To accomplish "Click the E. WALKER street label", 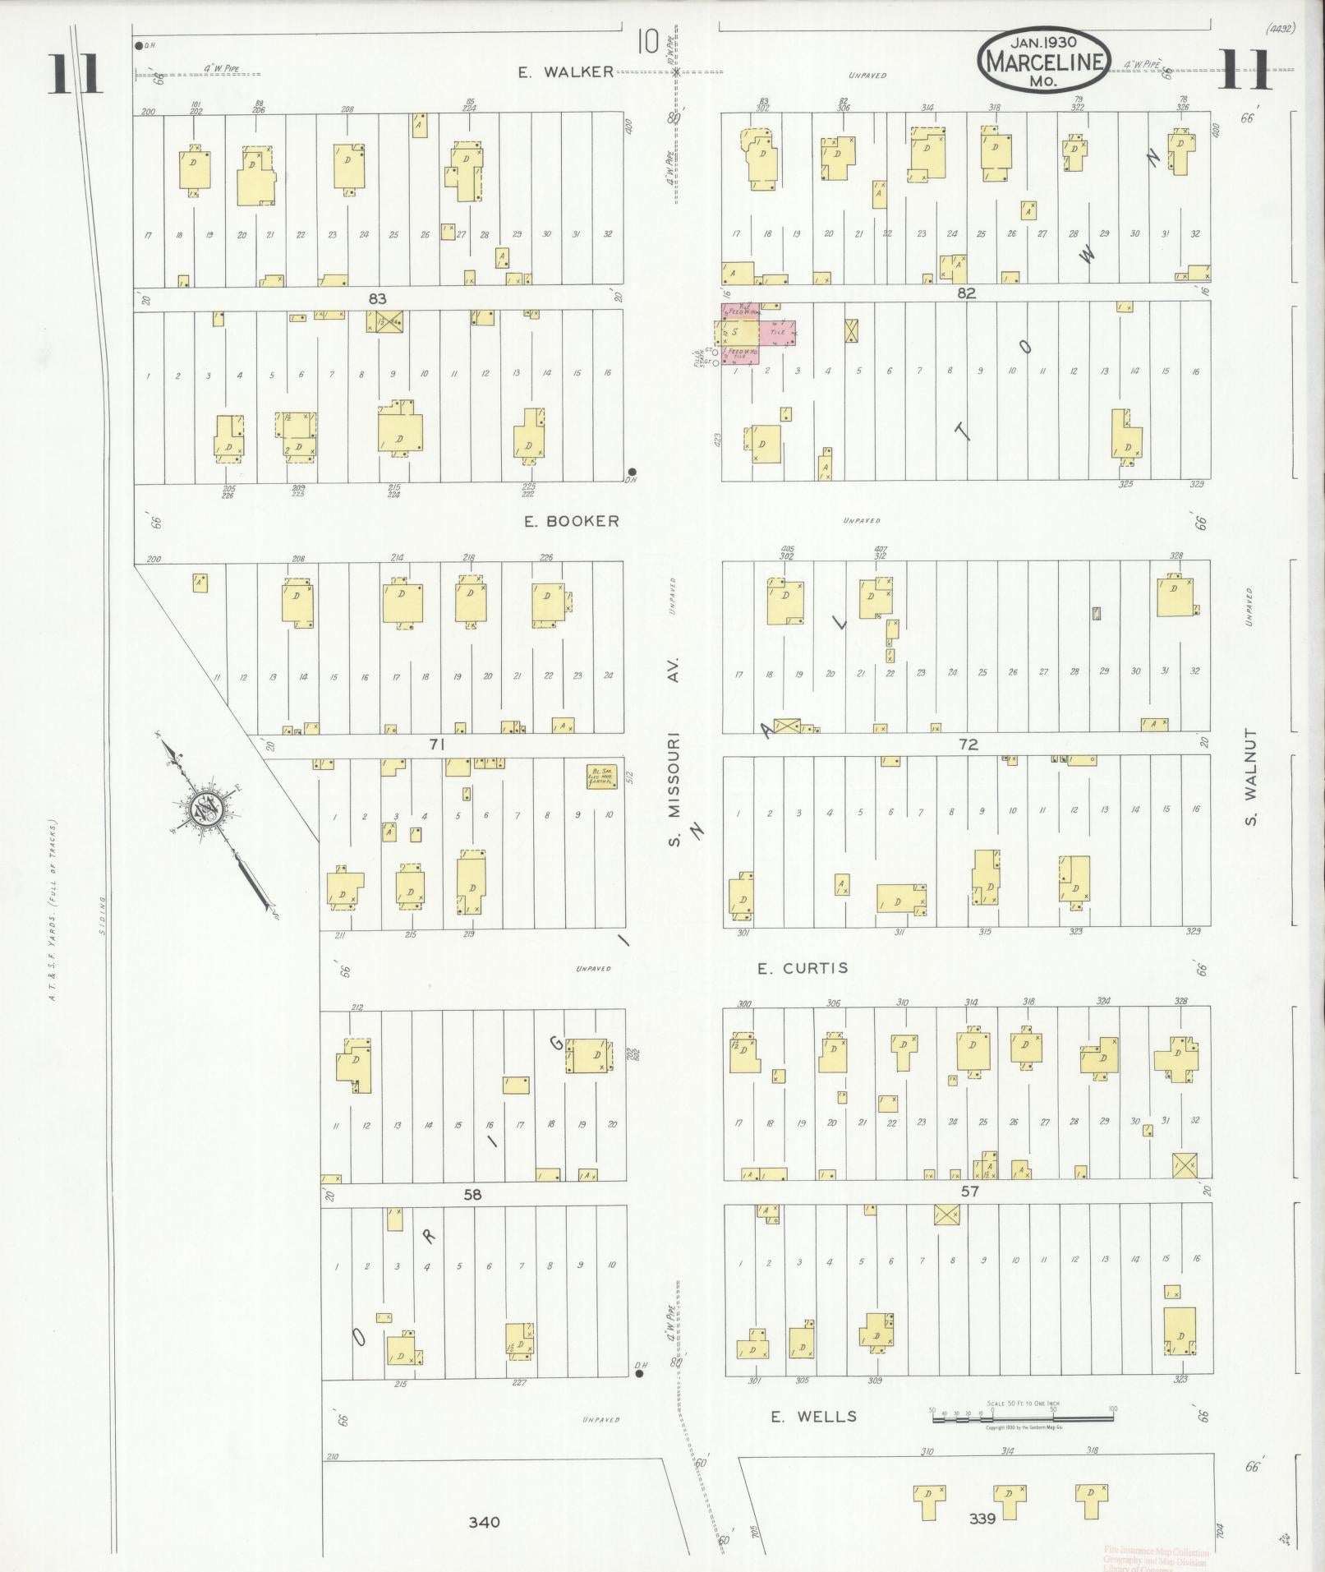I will (565, 72).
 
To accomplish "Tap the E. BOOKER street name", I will (572, 521).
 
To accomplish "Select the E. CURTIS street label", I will (803, 968).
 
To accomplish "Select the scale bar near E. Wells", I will (1022, 1414).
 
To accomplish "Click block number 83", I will (377, 299).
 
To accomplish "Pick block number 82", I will (965, 293).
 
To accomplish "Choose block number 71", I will (436, 745).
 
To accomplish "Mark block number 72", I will (968, 745).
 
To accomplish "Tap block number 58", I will (472, 1195).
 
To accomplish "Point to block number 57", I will (970, 1191).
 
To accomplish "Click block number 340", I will (484, 1522).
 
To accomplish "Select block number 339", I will (982, 1519).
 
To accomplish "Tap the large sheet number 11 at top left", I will (75, 74).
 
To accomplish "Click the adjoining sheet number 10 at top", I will (648, 41).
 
